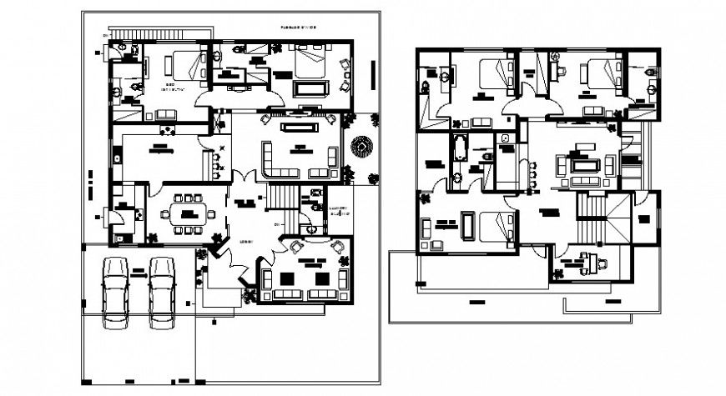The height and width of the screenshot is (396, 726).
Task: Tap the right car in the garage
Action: point(163,292)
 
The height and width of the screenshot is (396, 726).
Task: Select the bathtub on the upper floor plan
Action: point(460,148)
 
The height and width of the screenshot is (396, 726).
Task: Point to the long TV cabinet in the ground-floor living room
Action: point(298,127)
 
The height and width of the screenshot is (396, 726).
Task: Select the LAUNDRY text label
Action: point(339,210)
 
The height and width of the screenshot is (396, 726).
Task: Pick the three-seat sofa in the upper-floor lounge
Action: point(582,180)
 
